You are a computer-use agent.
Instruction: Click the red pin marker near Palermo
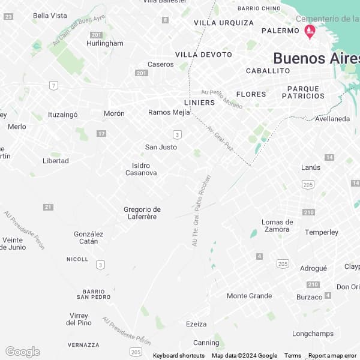click(310, 31)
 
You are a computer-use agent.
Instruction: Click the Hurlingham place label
click(104, 43)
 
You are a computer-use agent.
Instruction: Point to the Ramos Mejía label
click(169, 112)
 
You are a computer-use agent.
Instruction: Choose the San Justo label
click(161, 147)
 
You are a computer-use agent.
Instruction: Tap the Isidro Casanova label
click(141, 169)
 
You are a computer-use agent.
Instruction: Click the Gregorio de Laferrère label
click(142, 213)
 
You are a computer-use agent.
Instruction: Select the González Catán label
click(88, 238)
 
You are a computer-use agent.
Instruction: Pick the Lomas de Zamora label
click(277, 226)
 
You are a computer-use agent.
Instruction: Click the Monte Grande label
click(249, 296)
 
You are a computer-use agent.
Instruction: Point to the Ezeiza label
click(196, 324)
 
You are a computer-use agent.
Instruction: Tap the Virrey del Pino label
click(79, 319)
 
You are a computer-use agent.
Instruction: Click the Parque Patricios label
click(303, 92)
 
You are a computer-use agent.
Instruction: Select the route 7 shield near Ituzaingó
click(54, 85)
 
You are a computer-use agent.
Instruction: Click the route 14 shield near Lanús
click(329, 157)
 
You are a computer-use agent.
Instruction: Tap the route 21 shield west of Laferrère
click(48, 207)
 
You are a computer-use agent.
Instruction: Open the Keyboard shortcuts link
click(178, 356)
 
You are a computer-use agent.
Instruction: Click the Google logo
click(22, 352)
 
